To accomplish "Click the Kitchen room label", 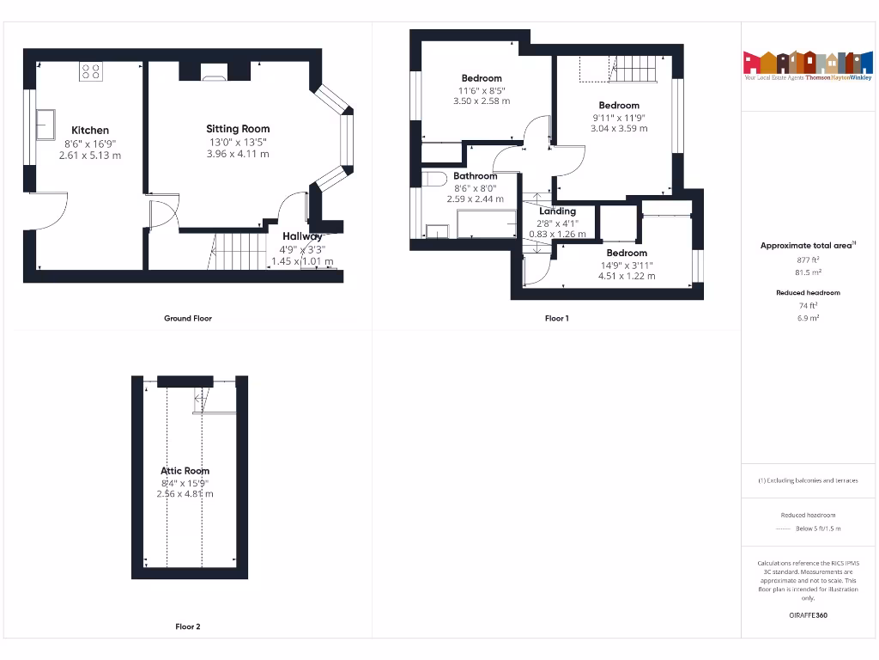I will tap(90, 131).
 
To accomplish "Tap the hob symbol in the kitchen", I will tap(90, 72).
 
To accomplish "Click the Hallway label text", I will tap(302, 236).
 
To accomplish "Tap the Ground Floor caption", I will tap(188, 318).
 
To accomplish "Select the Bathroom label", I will tap(476, 175).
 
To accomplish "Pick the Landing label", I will tap(557, 211).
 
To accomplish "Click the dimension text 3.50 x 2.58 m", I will tap(481, 101).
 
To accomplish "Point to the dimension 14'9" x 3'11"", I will tap(627, 265).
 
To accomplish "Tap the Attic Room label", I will tap(185, 470).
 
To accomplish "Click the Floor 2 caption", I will tap(188, 626).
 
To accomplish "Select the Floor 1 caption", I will tap(556, 318).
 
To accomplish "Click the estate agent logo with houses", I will tap(802, 64).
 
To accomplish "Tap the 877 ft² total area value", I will tap(808, 260).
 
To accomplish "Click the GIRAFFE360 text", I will tap(808, 615).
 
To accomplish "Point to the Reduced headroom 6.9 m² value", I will tap(808, 318).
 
